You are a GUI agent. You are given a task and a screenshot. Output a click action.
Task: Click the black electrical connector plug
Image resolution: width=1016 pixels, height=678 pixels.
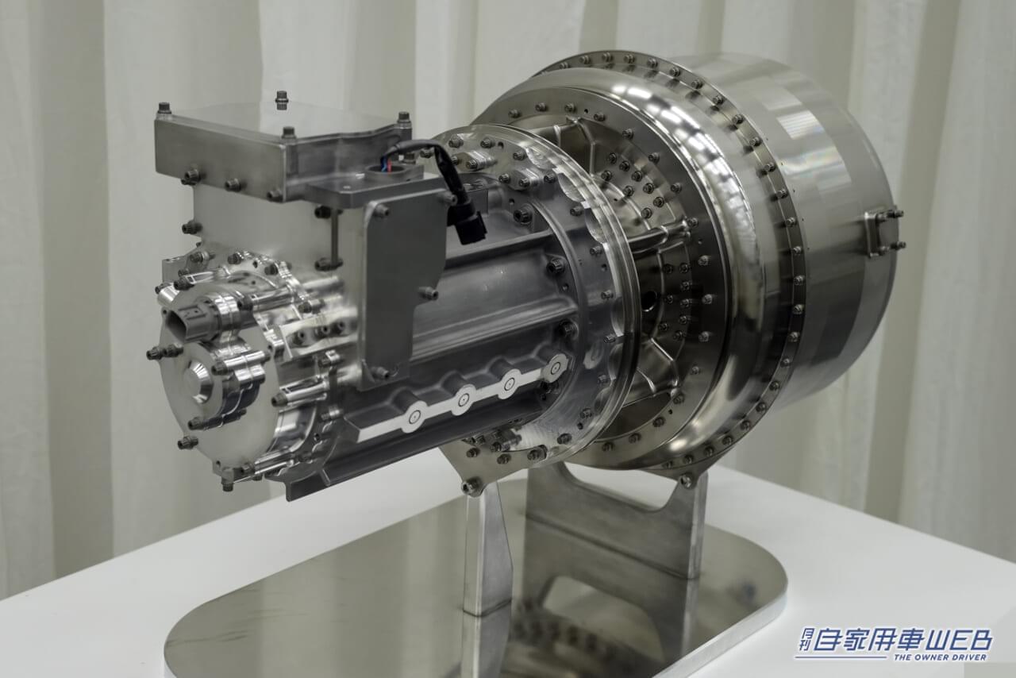468,223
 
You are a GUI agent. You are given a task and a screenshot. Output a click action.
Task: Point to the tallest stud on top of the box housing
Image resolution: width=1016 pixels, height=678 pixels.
281,99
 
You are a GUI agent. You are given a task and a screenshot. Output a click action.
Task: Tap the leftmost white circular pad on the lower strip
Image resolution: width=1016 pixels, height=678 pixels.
413,415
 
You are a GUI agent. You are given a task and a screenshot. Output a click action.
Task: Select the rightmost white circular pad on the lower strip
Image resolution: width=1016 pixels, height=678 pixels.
554,366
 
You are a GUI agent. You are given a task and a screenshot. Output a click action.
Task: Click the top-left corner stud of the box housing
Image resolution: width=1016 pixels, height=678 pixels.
164,109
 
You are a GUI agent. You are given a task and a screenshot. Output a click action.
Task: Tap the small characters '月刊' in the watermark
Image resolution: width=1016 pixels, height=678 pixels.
805,640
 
